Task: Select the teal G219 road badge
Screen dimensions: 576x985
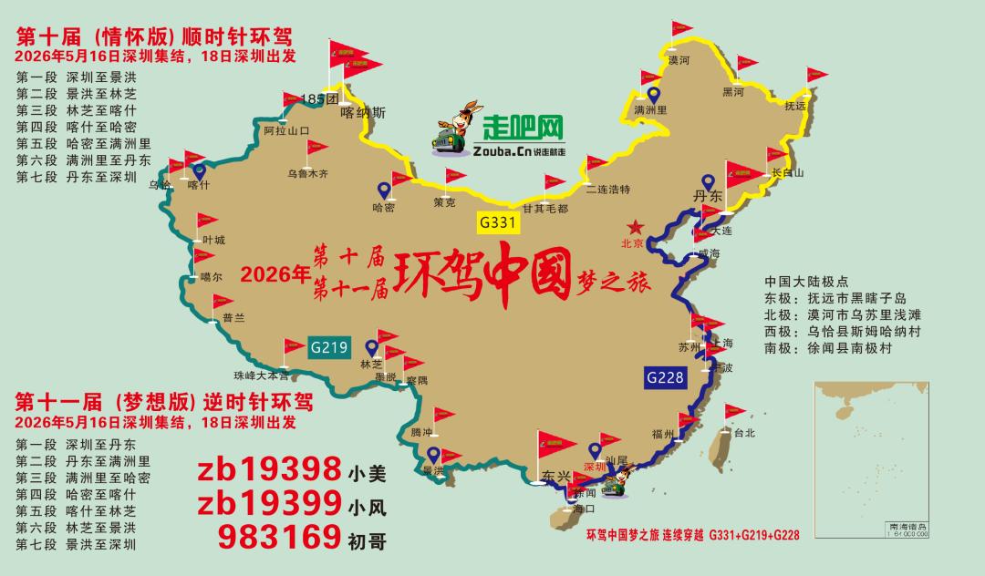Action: pyautogui.click(x=329, y=347)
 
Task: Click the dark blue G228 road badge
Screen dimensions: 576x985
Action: pyautogui.click(x=665, y=377)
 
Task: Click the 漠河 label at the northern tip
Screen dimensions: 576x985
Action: pyautogui.click(x=679, y=60)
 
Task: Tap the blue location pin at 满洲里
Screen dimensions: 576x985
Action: pyautogui.click(x=654, y=94)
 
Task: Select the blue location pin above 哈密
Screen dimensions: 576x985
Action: pyautogui.click(x=384, y=190)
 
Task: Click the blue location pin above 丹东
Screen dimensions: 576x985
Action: pyautogui.click(x=707, y=182)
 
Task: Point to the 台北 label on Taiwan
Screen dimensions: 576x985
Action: pyautogui.click(x=744, y=434)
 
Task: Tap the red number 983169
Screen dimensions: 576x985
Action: pyautogui.click(x=276, y=539)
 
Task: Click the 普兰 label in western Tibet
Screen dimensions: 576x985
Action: pyautogui.click(x=233, y=318)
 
